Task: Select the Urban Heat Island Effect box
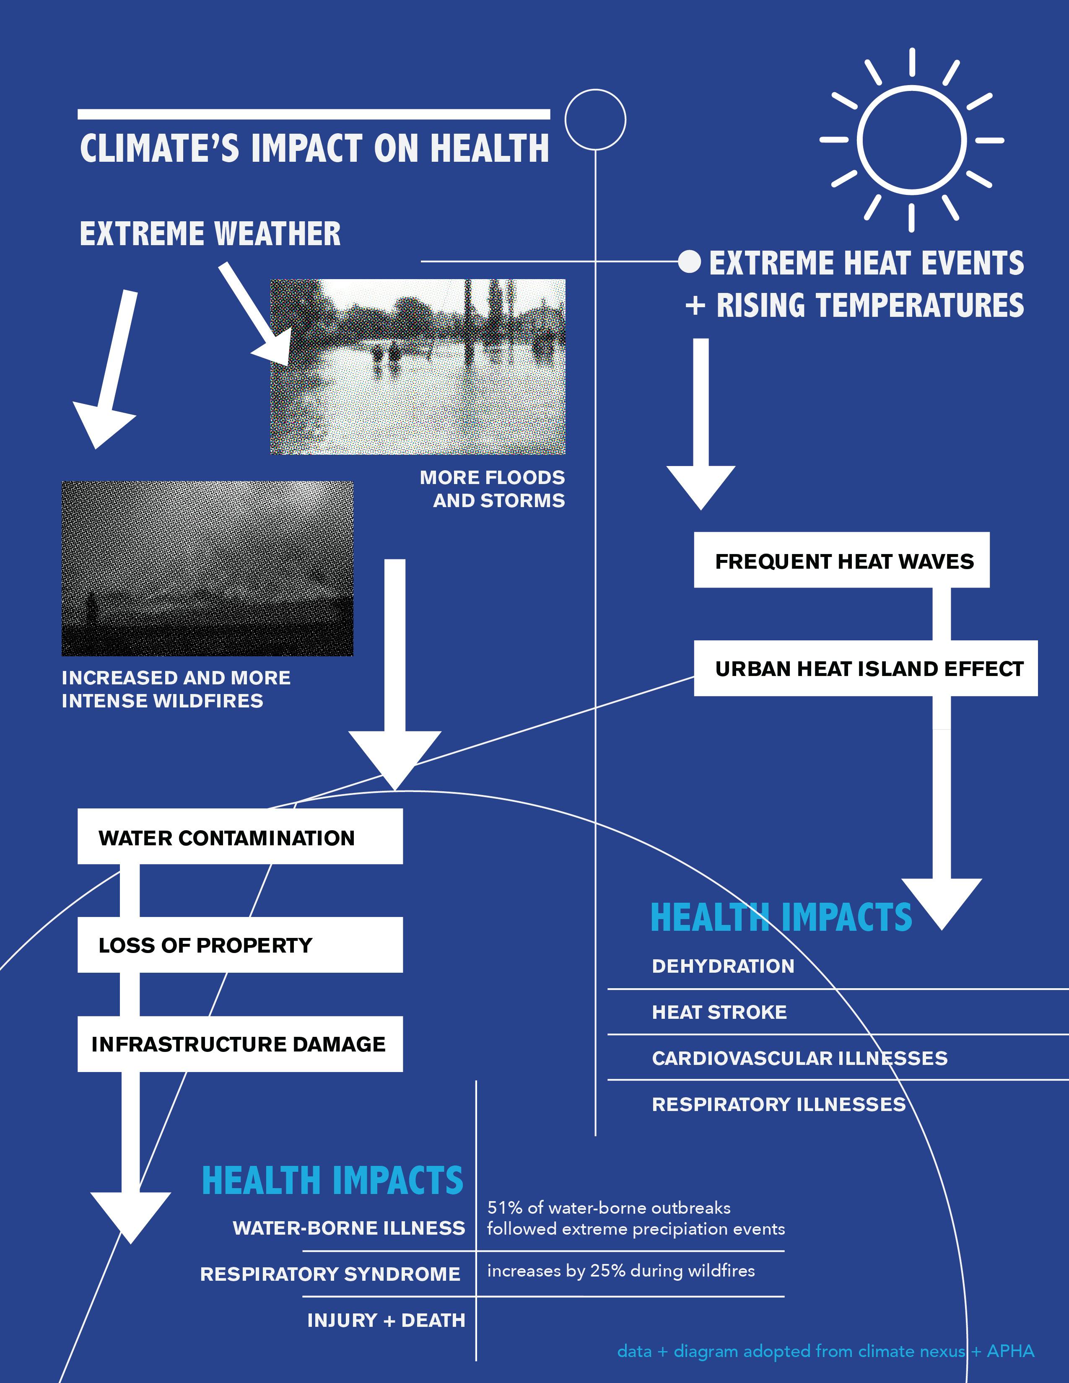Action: tap(865, 669)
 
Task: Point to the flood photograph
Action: tap(418, 367)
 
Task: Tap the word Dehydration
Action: tap(723, 966)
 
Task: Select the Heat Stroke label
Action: tap(719, 1012)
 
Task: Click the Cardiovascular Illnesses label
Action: tap(799, 1058)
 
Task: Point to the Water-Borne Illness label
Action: tap(349, 1228)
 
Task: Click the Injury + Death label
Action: tap(386, 1320)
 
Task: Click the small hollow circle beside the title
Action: tap(595, 120)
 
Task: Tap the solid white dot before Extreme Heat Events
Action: tap(689, 261)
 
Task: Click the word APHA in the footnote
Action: tap(1010, 1351)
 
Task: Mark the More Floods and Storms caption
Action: tap(492, 489)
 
